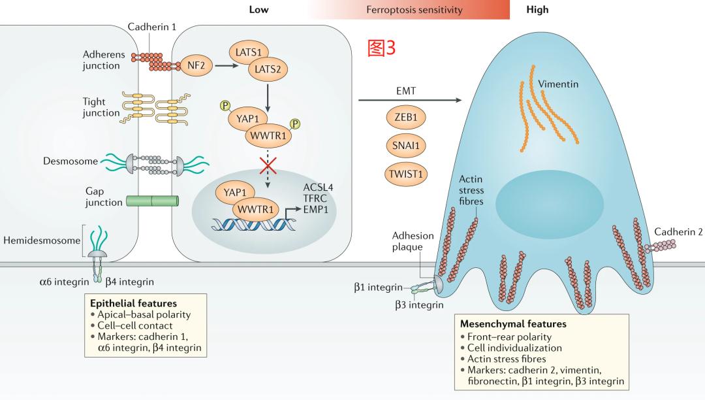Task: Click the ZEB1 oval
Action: pos(401,118)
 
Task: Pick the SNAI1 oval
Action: pos(401,146)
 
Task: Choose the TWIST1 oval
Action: pos(401,173)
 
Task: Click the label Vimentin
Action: pos(558,84)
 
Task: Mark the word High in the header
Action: pos(537,10)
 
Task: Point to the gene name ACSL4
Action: pos(318,188)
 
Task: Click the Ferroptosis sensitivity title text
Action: pos(415,10)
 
